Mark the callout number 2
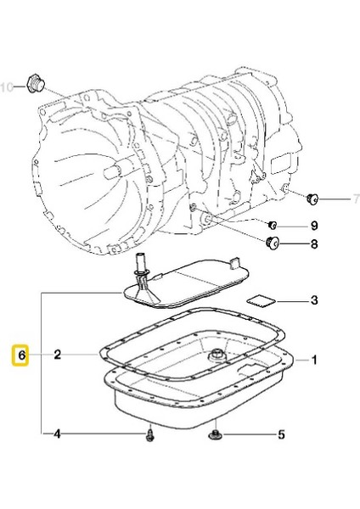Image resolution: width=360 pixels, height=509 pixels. point(57,355)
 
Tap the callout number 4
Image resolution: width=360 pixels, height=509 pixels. point(57,436)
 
